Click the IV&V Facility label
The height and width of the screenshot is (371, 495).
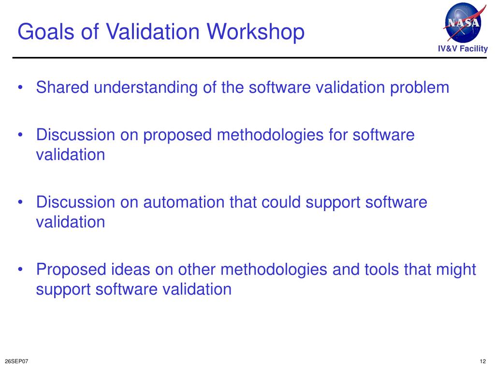[x=463, y=49]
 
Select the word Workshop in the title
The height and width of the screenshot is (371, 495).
[x=256, y=32]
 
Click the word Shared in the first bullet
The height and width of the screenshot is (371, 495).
[x=63, y=88]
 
